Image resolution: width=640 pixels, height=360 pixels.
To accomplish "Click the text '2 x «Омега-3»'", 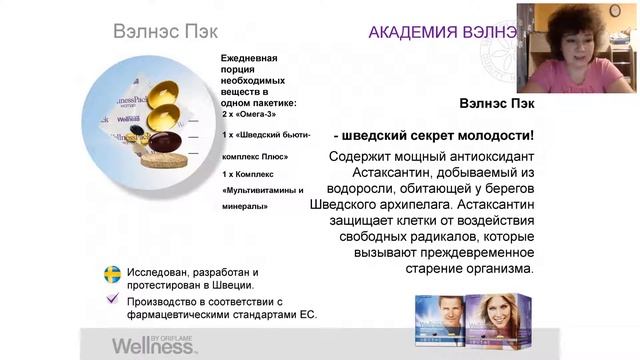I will tap(249, 114).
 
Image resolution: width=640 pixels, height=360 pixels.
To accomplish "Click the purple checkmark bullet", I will tap(113, 298).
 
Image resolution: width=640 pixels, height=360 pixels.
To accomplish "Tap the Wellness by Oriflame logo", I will tap(154, 346).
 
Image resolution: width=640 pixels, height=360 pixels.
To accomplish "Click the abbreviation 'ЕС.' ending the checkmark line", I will tap(306, 314).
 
